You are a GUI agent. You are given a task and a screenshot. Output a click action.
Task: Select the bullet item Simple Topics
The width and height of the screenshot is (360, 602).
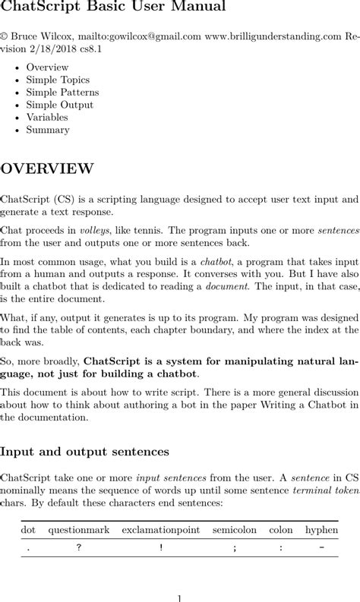[58, 80]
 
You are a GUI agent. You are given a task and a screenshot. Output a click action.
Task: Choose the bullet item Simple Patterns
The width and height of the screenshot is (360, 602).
[62, 93]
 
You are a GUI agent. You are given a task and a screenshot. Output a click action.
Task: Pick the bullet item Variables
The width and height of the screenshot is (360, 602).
[47, 117]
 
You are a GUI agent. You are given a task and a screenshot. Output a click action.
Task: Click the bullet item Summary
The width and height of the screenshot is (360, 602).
[48, 130]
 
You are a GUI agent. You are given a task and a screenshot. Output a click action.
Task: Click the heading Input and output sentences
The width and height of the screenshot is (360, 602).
[84, 452]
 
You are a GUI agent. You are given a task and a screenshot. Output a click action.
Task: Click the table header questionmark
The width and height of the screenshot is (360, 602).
[77, 529]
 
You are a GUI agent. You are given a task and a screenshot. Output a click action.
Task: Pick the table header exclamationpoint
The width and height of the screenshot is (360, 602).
[161, 529]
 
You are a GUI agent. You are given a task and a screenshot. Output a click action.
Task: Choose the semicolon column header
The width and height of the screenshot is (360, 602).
[235, 529]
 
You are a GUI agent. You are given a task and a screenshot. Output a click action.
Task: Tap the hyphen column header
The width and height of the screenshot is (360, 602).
[321, 529]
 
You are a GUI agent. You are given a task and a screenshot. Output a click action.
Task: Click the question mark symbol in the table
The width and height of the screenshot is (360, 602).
[77, 548]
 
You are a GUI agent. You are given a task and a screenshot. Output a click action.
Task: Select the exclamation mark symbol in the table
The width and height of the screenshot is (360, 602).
[161, 548]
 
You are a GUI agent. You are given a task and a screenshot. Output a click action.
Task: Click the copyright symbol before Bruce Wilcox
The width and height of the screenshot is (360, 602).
[4, 35]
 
